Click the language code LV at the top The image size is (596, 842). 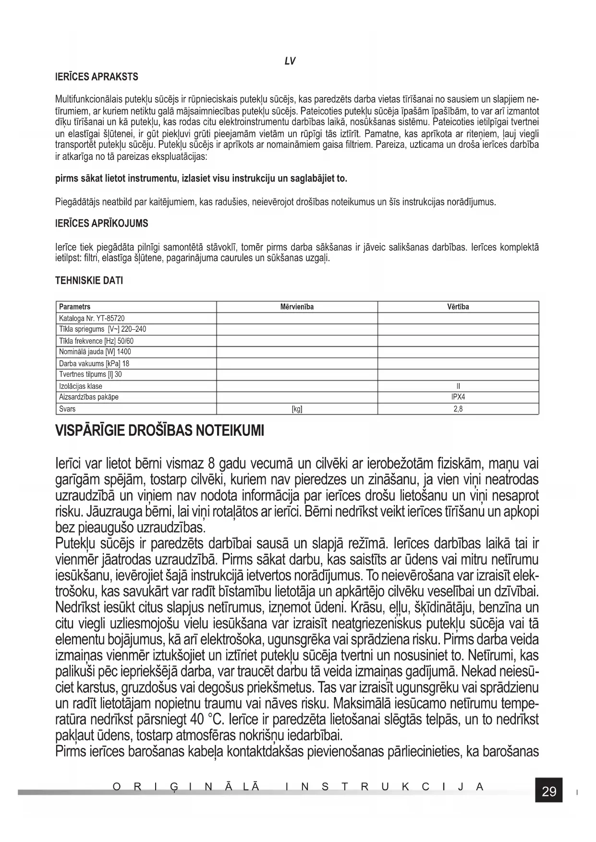290,61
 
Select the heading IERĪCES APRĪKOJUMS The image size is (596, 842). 102,224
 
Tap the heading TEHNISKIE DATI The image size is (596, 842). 89,281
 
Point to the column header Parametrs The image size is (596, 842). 74,307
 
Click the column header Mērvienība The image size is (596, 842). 297,307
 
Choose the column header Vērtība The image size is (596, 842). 458,307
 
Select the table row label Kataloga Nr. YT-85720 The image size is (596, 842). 92,318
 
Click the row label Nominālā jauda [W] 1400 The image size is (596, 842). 95,352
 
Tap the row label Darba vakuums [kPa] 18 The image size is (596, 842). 94,363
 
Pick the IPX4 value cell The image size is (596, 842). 458,397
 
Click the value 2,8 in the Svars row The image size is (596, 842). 458,409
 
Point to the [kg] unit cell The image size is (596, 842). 297,409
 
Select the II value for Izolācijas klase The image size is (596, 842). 458,386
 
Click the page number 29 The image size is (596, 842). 549,792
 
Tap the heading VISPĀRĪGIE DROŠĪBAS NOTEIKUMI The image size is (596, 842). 160,430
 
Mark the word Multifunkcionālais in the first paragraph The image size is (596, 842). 89,100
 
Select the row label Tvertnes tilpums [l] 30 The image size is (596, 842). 90,374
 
